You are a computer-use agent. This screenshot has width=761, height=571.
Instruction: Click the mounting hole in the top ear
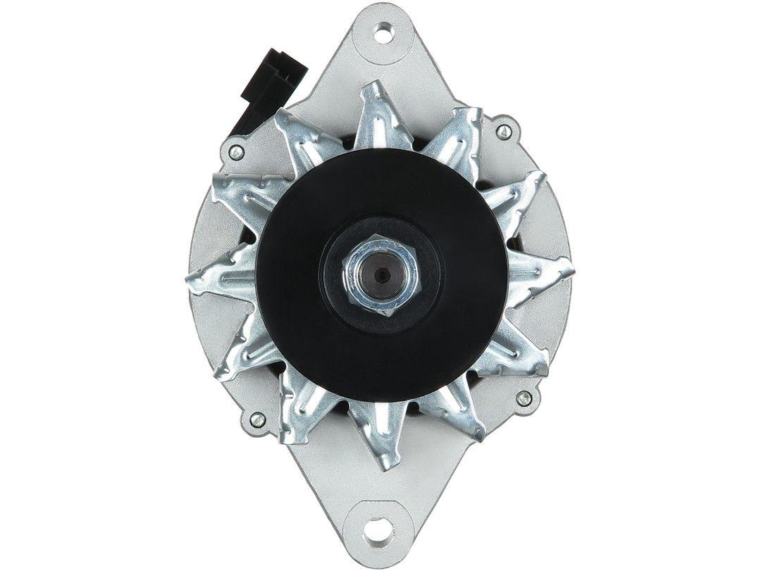pyautogui.click(x=384, y=30)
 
